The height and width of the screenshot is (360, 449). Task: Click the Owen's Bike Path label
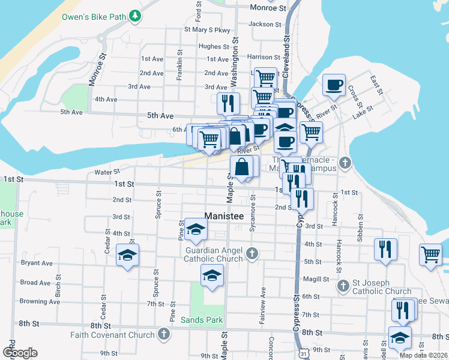[x=94, y=16]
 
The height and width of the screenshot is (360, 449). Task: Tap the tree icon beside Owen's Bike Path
[x=136, y=16]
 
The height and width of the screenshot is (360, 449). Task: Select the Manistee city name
[x=226, y=216]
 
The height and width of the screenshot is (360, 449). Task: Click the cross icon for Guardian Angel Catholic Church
[x=252, y=254]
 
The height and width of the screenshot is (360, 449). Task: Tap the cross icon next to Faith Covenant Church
[x=163, y=333]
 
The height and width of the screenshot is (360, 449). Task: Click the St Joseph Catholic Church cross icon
[x=343, y=286]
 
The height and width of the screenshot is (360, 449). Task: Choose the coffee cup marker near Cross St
[x=334, y=85]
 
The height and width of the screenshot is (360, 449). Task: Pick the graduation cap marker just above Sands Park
[x=211, y=275]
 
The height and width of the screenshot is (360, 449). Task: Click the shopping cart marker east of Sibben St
[x=431, y=254]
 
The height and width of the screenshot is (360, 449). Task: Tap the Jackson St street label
[x=265, y=25]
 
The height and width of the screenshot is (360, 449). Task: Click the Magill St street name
[x=316, y=279]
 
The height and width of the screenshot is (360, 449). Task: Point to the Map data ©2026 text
[x=423, y=355]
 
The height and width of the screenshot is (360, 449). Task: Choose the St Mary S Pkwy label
[x=207, y=29]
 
